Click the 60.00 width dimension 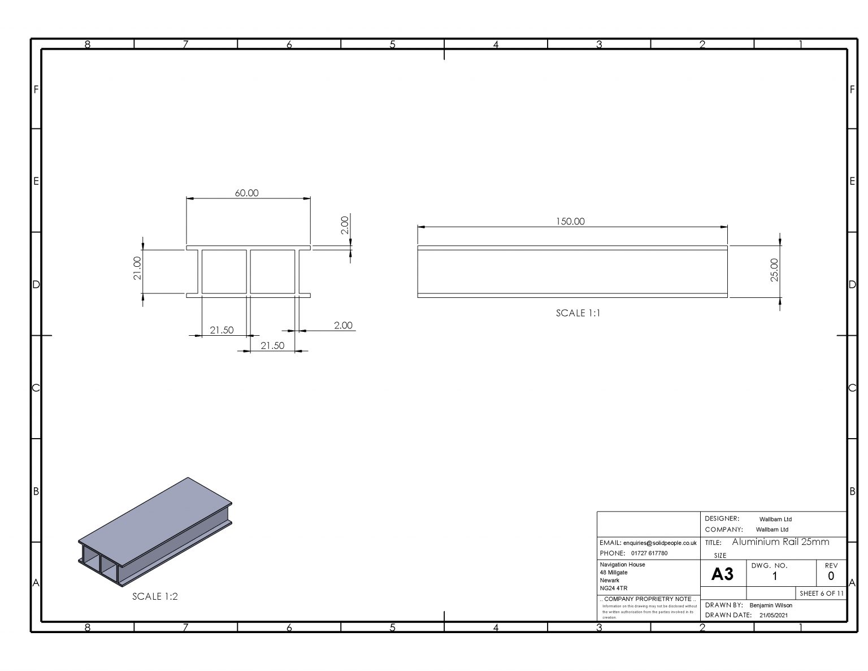pos(246,193)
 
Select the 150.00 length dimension pos(570,222)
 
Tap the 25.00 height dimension pos(774,270)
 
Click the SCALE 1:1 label pos(578,313)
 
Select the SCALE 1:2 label pos(155,596)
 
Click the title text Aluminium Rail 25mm pos(780,542)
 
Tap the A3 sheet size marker pos(722,574)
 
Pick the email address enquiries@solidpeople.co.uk pos(659,543)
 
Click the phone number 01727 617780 pos(649,553)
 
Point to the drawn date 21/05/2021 pos(773,615)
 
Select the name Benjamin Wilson pos(770,605)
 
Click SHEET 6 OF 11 pos(821,594)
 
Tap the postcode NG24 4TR pos(613,588)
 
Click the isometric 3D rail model pos(155,531)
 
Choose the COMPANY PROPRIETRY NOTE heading pos(648,599)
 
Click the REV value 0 pos(830,577)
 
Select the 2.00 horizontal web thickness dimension pos(342,326)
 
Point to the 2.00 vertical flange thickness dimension pos(344,225)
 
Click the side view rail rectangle pos(572,271)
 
